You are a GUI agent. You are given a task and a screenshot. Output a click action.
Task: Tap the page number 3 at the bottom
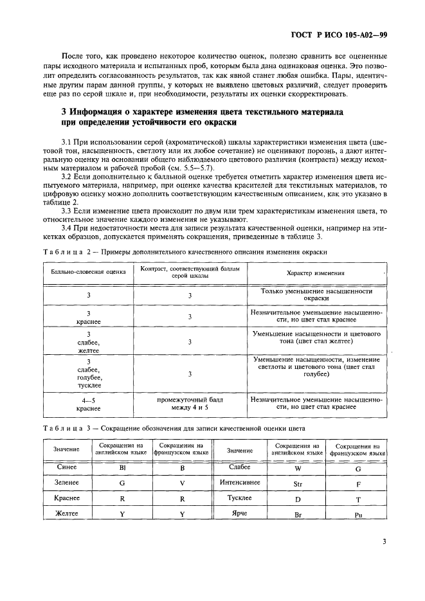coord(384,541)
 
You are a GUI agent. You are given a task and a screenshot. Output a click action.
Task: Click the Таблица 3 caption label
coord(66,427)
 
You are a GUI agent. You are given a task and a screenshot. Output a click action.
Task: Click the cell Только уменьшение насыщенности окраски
coord(316,294)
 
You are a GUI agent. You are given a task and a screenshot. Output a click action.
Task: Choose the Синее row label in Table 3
coord(68,467)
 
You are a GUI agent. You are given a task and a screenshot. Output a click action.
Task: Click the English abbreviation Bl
coord(122,469)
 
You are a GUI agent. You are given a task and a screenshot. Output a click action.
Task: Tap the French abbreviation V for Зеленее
coord(182,483)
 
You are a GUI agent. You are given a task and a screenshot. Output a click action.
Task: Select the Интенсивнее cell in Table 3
coord(240,481)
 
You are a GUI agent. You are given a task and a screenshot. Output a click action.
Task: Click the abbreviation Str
coord(298,483)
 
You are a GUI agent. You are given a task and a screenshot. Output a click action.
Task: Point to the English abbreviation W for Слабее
coord(298,469)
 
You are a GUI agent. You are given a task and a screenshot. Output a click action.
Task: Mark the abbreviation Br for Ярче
coord(298,515)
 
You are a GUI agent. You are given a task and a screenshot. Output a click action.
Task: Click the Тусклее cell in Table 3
coord(240,498)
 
